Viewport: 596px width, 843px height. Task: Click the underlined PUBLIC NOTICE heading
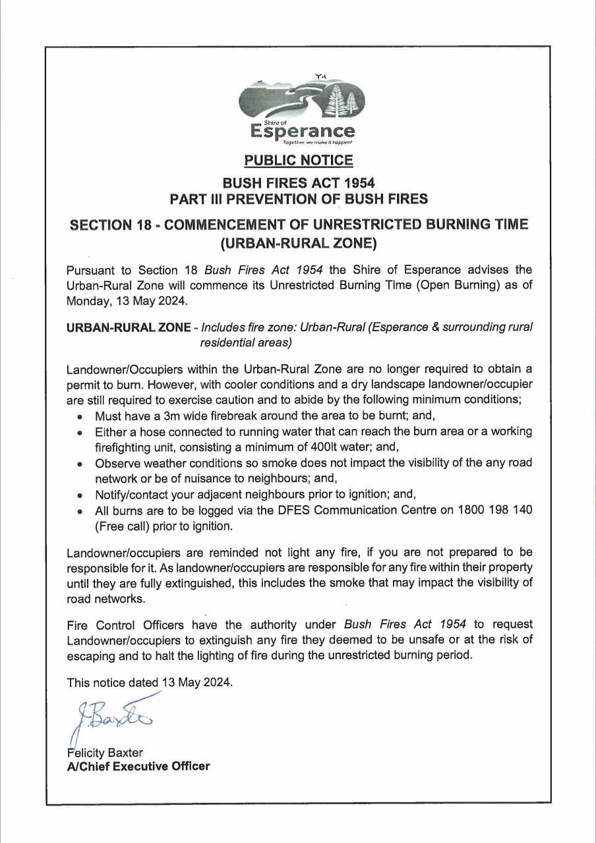click(x=298, y=159)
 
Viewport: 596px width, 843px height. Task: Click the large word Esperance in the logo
click(x=303, y=132)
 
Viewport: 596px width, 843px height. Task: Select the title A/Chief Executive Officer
click(x=138, y=766)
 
